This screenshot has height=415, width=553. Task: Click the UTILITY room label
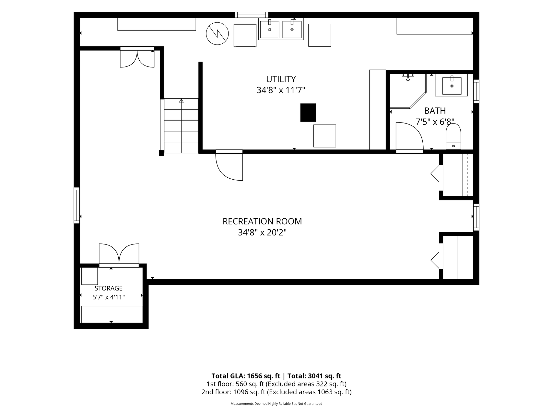point(281,79)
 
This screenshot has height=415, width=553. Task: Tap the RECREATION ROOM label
point(262,221)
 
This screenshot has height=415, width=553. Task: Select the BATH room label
point(435,111)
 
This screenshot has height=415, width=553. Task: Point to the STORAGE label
point(109,288)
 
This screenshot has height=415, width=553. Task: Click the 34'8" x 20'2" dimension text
point(262,232)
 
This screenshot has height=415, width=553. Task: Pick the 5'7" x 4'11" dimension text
point(109,297)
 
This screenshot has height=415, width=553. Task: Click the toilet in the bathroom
point(453,136)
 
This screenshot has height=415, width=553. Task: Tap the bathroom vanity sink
point(452,85)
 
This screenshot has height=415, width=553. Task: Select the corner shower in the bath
point(408,91)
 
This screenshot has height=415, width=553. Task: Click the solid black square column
point(308,113)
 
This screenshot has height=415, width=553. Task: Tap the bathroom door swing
point(409,136)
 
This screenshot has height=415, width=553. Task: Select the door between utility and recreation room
point(229,165)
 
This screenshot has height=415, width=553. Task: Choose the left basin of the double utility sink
point(270,30)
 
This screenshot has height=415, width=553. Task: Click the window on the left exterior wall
point(77,205)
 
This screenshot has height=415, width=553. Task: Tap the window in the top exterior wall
point(252,15)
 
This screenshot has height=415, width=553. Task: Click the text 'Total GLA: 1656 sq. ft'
point(246,376)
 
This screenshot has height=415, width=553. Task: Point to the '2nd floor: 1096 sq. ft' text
point(233,392)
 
